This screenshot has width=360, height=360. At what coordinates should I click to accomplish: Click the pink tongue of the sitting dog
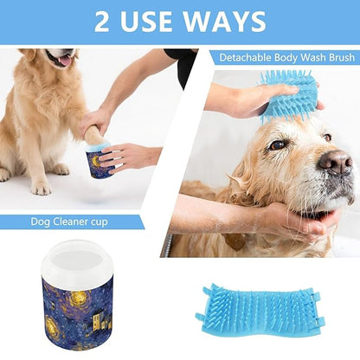click(x=63, y=60)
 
